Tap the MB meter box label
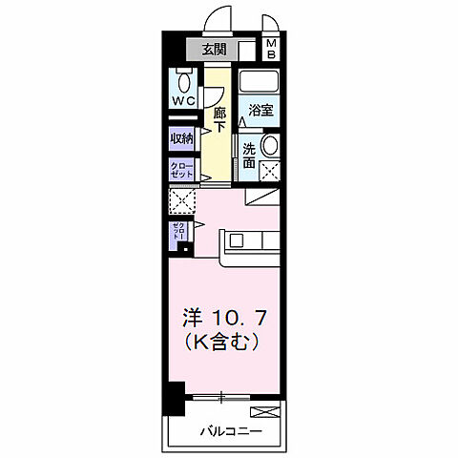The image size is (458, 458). [271, 50]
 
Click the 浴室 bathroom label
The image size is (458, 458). [260, 110]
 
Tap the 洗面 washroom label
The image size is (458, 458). [248, 156]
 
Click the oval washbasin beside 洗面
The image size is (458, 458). [270, 146]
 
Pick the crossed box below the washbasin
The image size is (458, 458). [270, 173]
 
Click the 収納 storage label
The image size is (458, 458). [182, 138]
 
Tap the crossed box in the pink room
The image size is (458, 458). [181, 201]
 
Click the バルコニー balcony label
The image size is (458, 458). [230, 431]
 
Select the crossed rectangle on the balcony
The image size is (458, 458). [270, 411]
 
